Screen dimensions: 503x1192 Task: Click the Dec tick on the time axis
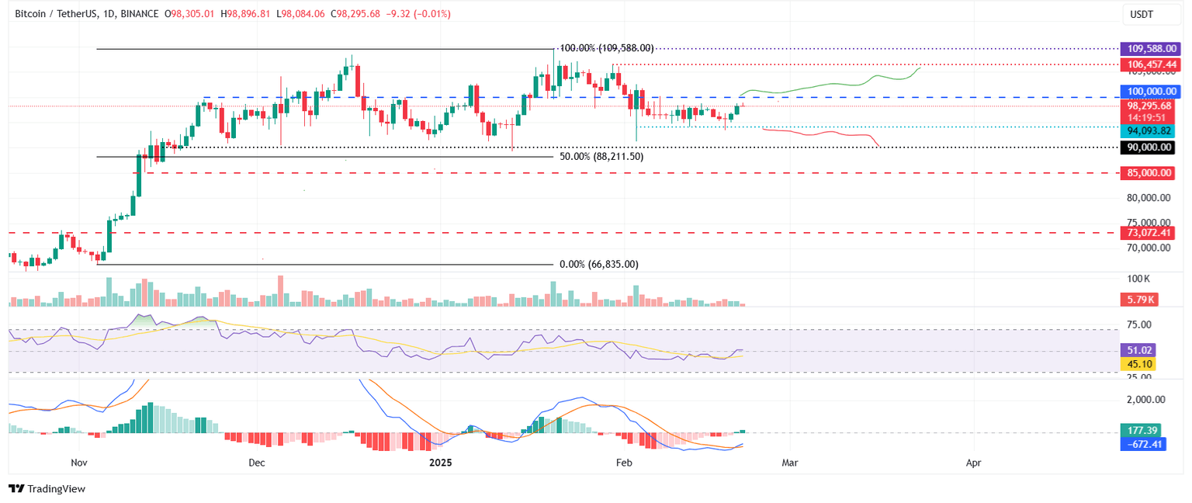257,462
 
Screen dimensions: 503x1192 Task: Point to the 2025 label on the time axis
441,462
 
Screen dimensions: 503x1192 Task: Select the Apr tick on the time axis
973,462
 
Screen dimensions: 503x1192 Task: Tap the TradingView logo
47,489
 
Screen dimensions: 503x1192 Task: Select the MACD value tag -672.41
1143,444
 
